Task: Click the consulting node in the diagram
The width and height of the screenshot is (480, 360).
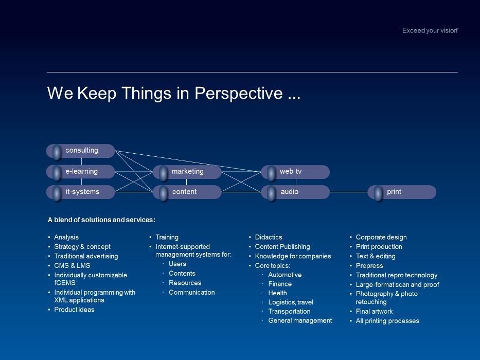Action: coord(81,151)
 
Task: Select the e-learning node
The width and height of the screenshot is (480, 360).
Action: coord(81,171)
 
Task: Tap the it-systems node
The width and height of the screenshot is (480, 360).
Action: coord(81,192)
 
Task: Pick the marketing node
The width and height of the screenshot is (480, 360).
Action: coord(187,171)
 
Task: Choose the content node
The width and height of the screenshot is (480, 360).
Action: coord(187,192)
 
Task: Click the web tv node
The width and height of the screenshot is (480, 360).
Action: coord(295,171)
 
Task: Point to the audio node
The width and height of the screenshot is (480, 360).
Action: coord(295,192)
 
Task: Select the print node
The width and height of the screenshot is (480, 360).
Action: coord(402,192)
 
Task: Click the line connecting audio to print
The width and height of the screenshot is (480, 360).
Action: coord(349,192)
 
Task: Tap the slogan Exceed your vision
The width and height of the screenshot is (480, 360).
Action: coord(430,31)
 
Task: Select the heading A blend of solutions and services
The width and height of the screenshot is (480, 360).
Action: coord(101,220)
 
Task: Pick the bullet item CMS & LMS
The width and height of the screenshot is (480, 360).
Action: coord(72,266)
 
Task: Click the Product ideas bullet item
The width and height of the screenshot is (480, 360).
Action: coord(75,310)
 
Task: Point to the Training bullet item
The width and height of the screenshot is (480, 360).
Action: coord(167,238)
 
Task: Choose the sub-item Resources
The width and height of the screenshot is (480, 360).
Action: coord(185,283)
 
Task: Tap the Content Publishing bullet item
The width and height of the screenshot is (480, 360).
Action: coord(282,247)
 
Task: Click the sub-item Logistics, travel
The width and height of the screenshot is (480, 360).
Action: coord(291,302)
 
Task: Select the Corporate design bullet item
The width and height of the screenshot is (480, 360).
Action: coord(381,238)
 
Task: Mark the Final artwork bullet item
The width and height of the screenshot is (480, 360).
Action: coord(375,312)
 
